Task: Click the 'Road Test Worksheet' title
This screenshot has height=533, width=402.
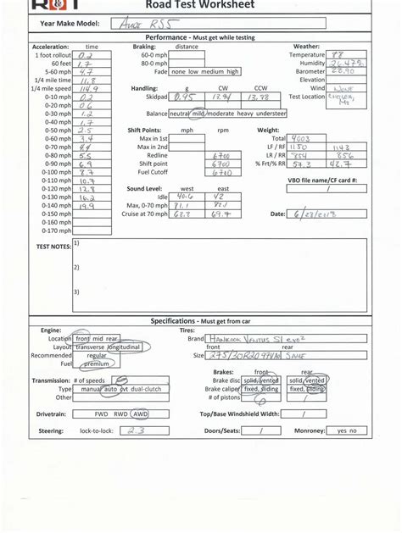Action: (x=200, y=5)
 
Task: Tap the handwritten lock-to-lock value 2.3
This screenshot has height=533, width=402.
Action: (x=134, y=430)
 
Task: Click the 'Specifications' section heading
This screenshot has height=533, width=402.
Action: (x=175, y=321)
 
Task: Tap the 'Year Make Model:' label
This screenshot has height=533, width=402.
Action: (x=68, y=25)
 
